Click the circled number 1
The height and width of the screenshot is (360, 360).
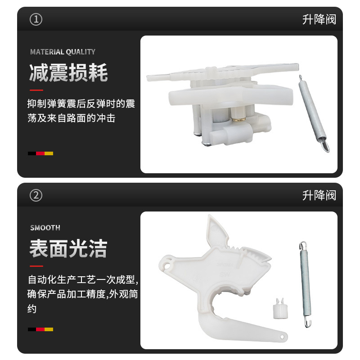(36, 19)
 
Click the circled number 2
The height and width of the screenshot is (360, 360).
(36, 195)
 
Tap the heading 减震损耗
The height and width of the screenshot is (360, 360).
(68, 72)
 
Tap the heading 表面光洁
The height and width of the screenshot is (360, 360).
(68, 249)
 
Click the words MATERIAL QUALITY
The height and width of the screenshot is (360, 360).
(63, 52)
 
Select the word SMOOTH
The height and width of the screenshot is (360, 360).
(45, 228)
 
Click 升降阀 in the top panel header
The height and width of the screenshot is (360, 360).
(319, 19)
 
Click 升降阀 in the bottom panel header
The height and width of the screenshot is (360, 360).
(319, 195)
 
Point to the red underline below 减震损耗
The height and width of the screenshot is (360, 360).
(36, 90)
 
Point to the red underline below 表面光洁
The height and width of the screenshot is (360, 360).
(36, 266)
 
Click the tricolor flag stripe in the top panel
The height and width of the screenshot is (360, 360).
(40, 153)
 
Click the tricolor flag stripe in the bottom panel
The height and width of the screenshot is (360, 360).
(40, 329)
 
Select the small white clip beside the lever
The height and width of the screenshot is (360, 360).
(280, 308)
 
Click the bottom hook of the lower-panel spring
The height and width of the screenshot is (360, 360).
(308, 322)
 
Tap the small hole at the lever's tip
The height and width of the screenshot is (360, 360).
(282, 337)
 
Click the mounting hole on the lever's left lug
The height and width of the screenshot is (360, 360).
(167, 267)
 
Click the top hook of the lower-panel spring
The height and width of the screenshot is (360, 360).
(302, 246)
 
